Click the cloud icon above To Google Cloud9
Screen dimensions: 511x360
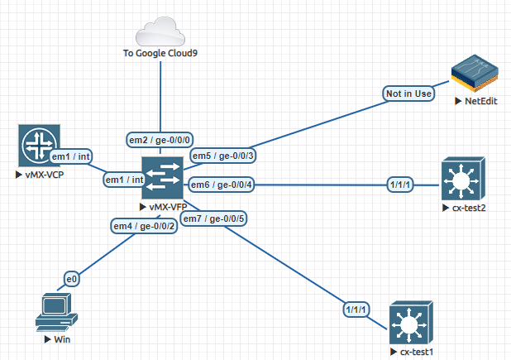[x=160, y=31]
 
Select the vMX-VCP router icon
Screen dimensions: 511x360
[x=39, y=146]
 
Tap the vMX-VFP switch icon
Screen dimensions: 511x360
[x=162, y=178]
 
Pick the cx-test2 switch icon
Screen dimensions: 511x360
[x=463, y=179]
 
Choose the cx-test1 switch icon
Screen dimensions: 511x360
[x=411, y=323]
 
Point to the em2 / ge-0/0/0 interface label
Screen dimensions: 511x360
[x=160, y=140]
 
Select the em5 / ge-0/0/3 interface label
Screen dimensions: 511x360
[x=223, y=156]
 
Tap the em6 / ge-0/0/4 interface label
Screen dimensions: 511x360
[x=222, y=185]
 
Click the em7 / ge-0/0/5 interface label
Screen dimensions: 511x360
[x=213, y=218]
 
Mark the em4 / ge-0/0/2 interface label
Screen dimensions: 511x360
[x=144, y=226]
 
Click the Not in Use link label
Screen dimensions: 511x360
[x=408, y=94]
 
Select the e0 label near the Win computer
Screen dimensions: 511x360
[x=72, y=279]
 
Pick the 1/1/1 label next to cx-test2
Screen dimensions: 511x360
[x=400, y=185]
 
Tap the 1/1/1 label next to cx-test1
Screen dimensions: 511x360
[x=356, y=310]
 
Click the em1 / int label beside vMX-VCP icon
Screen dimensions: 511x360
[x=71, y=156]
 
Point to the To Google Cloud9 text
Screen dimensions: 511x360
[x=160, y=53]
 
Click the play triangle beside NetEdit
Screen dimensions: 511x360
[x=458, y=101]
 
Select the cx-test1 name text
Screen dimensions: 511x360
[x=417, y=352]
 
